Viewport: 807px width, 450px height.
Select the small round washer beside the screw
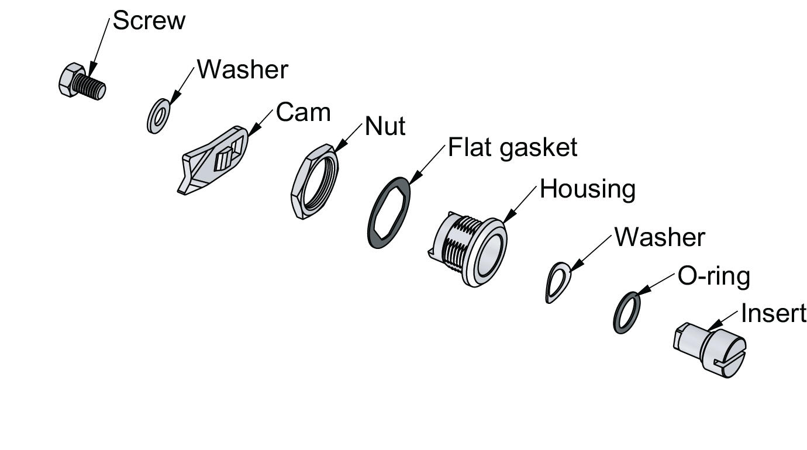[157, 116]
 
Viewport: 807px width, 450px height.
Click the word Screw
[149, 21]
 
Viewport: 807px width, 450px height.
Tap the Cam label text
[303, 112]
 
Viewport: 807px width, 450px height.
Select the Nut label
[385, 126]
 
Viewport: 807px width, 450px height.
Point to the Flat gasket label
[512, 148]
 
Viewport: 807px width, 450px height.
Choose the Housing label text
[587, 189]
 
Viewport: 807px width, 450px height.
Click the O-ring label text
[713, 276]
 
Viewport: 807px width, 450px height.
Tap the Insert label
[773, 314]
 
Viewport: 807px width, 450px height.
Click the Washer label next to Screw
[242, 70]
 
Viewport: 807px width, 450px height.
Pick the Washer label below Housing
[660, 237]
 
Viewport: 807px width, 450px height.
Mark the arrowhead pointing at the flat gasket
[415, 177]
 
